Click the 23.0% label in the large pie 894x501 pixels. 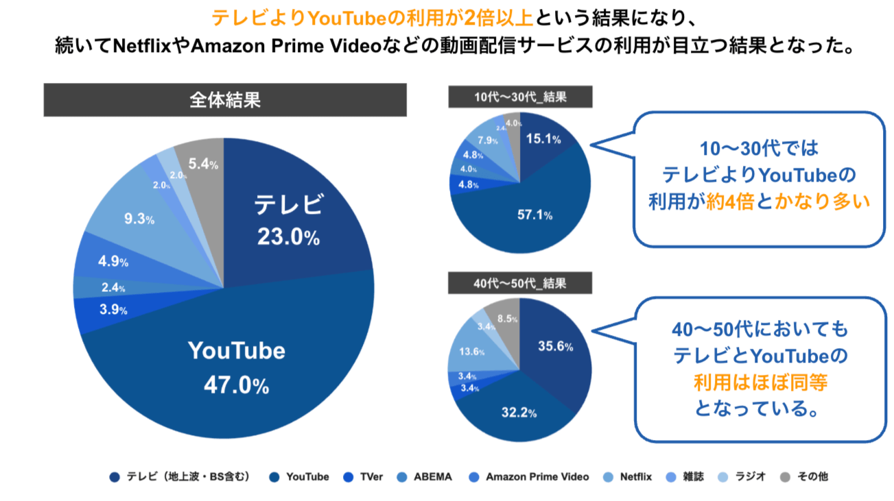click(288, 237)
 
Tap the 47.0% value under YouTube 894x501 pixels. click(236, 385)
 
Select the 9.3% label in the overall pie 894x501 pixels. click(139, 220)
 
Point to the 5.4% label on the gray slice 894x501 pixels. click(203, 164)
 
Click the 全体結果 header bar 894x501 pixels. click(225, 100)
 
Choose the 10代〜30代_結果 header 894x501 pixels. click(520, 97)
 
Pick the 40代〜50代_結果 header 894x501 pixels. click(520, 282)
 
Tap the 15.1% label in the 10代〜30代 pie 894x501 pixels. click(543, 139)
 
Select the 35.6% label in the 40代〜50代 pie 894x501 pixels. click(555, 346)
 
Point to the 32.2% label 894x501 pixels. click(519, 413)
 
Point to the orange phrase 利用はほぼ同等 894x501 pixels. click(761, 382)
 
